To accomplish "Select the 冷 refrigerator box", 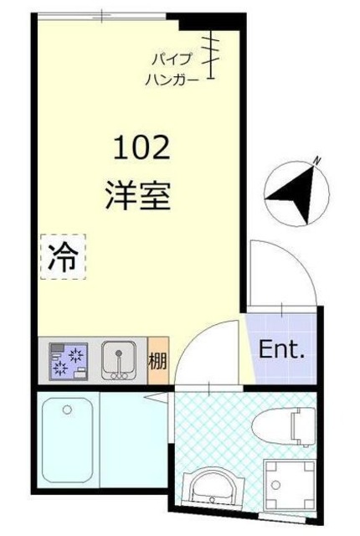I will (x=63, y=256).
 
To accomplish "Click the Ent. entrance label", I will (x=280, y=349).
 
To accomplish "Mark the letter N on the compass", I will (x=316, y=161).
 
